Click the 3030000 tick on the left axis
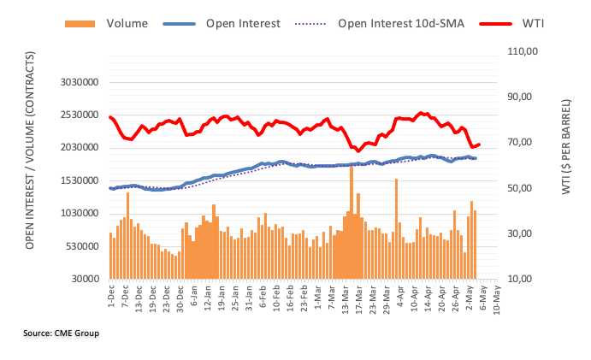(x=77, y=83)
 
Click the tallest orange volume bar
(x=352, y=222)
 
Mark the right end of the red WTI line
(x=479, y=145)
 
